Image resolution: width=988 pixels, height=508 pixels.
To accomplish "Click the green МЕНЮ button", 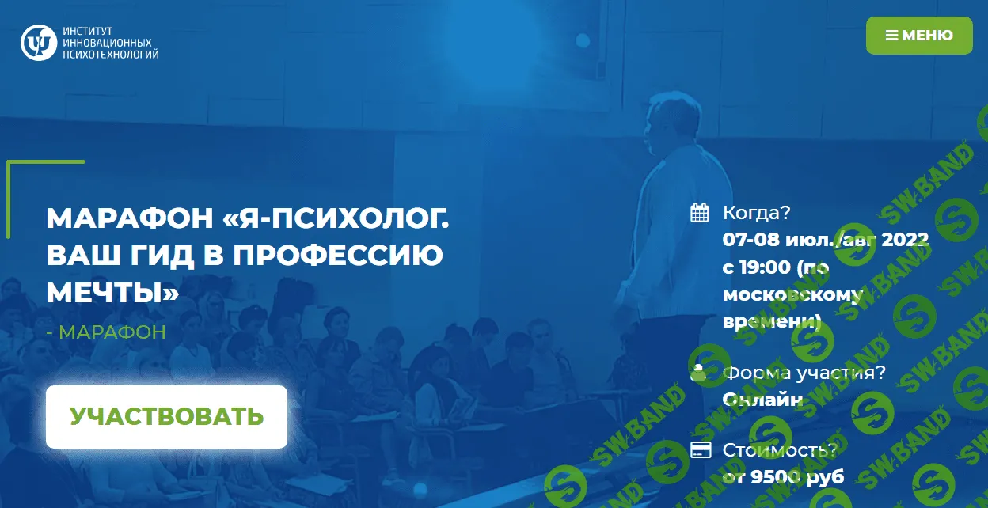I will click(x=918, y=36).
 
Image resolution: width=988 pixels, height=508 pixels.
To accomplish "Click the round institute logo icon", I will click(x=36, y=43).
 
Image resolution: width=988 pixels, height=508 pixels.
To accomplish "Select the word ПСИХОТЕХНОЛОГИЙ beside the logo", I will click(x=110, y=55).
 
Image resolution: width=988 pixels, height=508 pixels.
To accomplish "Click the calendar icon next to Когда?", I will click(x=699, y=212).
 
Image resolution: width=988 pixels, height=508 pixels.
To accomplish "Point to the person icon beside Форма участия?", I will click(x=698, y=372).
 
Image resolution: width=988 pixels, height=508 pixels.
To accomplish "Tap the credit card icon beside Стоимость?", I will click(x=699, y=450).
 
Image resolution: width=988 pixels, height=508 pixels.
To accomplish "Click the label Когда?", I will click(x=757, y=213).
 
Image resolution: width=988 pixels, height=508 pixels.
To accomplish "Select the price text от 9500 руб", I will click(x=783, y=477).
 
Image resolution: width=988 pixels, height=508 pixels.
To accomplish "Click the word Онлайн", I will click(x=762, y=400).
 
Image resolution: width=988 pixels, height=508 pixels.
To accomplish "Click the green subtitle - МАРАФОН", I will click(x=106, y=332).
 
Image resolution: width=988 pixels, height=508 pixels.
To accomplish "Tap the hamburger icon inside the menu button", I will click(x=891, y=36).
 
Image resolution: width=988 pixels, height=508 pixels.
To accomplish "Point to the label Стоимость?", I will click(x=779, y=450).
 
